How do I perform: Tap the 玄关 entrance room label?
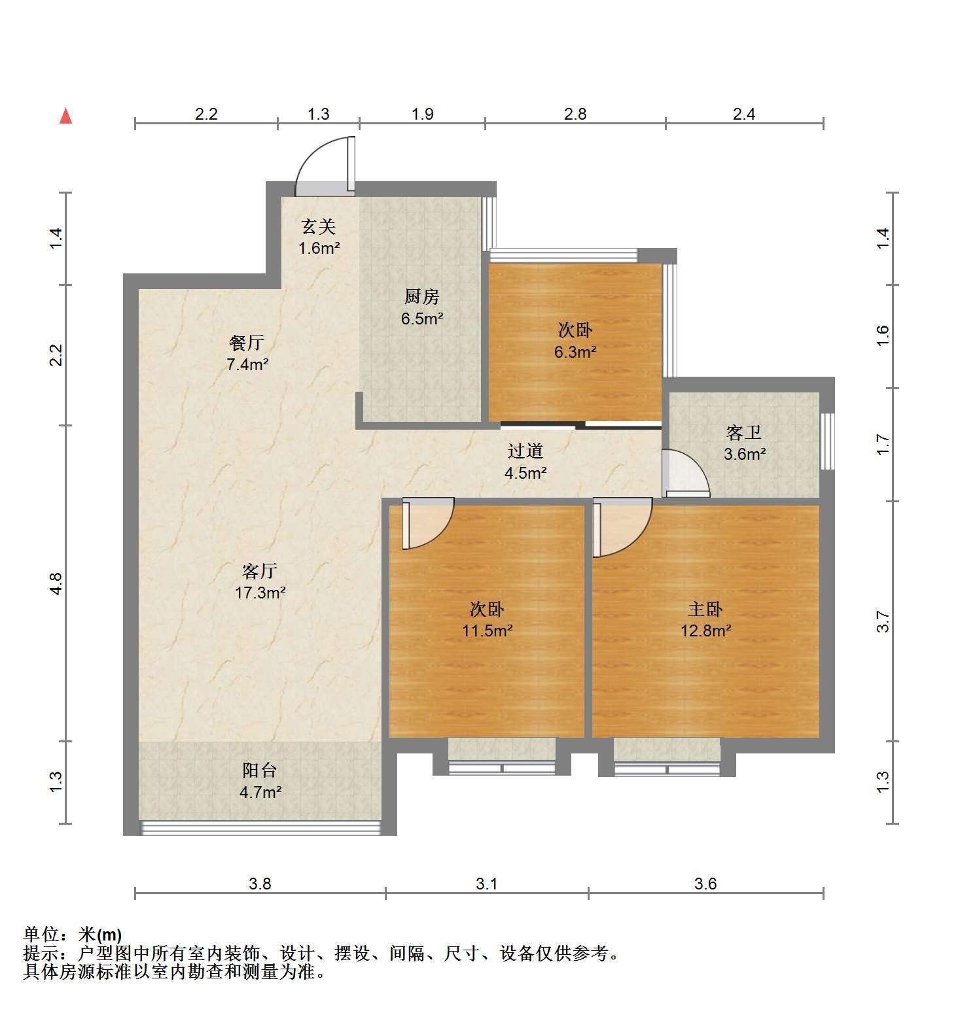(x=319, y=227)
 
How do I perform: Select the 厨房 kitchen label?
(x=421, y=297)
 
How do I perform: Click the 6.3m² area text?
(x=575, y=352)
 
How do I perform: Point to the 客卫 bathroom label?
(x=744, y=432)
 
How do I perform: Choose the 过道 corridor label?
(x=525, y=451)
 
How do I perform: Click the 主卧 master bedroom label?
(x=705, y=609)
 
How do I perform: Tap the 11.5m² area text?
(x=487, y=631)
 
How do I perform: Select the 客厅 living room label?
(x=260, y=571)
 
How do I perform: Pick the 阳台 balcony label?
(x=260, y=769)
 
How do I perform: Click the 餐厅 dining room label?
(x=247, y=342)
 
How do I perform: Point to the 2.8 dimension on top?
(x=575, y=114)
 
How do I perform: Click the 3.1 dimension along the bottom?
(x=487, y=884)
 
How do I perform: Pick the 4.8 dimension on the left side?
(x=56, y=583)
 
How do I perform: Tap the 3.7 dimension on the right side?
(x=883, y=621)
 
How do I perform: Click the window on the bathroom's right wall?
(x=828, y=441)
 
